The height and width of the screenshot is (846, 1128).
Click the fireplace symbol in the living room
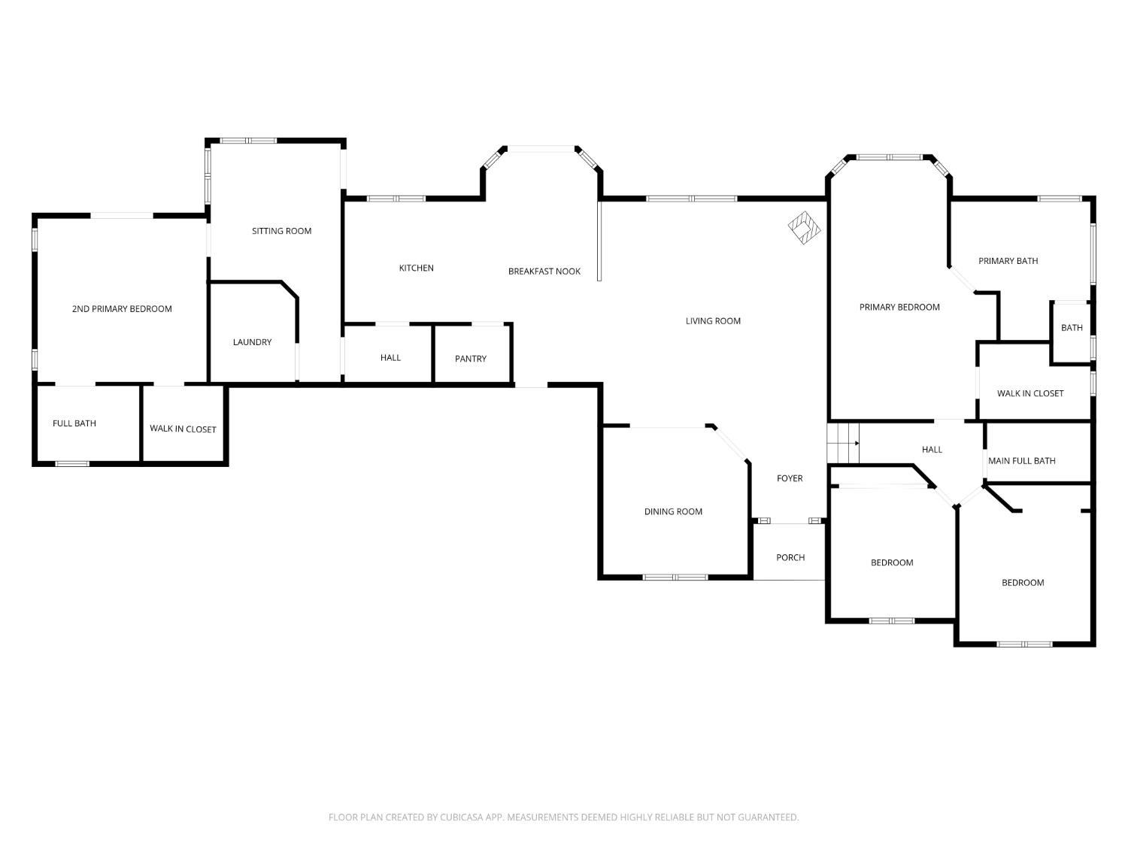tap(804, 228)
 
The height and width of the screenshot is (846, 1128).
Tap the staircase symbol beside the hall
tap(843, 443)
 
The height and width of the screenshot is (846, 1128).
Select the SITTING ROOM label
tap(281, 231)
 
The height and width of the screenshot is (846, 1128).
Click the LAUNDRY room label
tap(253, 342)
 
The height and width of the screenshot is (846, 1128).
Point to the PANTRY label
tap(471, 359)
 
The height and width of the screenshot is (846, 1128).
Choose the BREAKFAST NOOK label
tap(544, 271)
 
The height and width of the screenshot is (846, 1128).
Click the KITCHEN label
tap(417, 268)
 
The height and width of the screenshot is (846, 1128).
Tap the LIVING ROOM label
tap(714, 321)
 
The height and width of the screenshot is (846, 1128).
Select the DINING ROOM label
tap(673, 511)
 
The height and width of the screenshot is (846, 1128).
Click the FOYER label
tap(790, 478)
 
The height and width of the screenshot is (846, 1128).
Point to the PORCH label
tap(790, 557)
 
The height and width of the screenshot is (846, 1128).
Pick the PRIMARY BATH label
tap(1008, 261)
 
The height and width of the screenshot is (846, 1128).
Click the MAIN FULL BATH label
tap(1022, 461)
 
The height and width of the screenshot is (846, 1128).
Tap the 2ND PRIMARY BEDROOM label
tap(122, 309)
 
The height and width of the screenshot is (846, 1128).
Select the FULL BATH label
tap(74, 423)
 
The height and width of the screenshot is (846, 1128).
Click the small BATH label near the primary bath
tap(1072, 328)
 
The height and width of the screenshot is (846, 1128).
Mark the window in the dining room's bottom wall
tap(675, 577)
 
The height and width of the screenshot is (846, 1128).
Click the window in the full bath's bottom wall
tap(72, 464)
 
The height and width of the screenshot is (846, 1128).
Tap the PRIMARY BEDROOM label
tap(899, 307)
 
